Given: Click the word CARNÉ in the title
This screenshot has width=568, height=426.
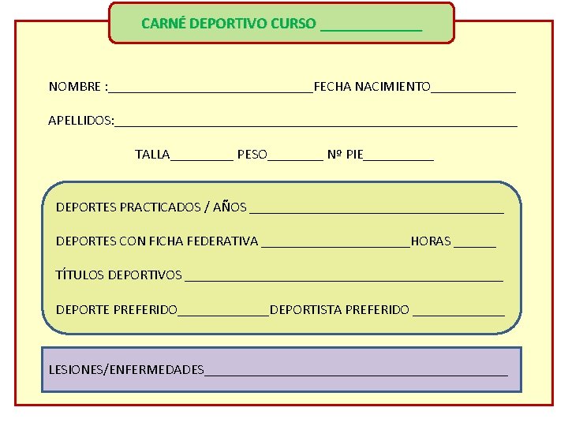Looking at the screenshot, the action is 161,24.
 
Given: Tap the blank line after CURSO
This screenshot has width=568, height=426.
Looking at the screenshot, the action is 371,28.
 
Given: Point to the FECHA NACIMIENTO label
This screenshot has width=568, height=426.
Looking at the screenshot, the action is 372,86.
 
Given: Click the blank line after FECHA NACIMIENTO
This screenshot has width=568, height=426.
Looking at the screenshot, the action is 473,90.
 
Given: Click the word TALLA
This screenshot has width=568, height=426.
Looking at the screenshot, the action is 152,155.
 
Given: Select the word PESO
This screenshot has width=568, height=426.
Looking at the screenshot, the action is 252,155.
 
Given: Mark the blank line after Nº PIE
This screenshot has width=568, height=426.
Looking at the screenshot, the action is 398,159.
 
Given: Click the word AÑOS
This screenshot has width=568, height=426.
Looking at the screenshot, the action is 230,207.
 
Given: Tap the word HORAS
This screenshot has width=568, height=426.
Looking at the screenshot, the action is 431,241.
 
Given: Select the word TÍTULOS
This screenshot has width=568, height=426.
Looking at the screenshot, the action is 80,275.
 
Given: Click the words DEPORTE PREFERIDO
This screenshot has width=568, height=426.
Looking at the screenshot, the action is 117,310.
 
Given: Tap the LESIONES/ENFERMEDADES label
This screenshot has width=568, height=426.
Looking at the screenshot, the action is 126,369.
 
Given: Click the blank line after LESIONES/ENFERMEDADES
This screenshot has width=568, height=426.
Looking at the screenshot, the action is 356,373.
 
